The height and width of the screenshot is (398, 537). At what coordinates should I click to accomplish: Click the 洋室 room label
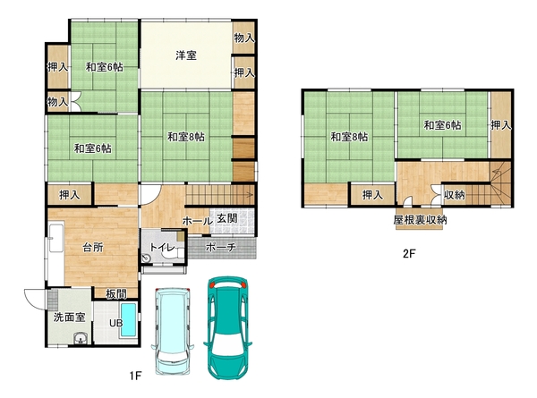186,55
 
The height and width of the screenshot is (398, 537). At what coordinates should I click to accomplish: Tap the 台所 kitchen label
93,248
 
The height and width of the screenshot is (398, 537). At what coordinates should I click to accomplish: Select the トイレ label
162,248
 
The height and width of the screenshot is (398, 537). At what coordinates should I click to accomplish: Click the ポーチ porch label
221,247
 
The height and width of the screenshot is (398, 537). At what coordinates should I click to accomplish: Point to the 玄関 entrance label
227,219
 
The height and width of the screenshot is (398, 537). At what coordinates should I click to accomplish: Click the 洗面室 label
69,318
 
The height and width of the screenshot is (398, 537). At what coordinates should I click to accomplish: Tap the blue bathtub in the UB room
129,319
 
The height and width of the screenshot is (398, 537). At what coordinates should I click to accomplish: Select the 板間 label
116,293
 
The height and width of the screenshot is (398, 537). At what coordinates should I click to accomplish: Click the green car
228,328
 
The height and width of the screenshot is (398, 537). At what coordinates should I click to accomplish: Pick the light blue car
173,331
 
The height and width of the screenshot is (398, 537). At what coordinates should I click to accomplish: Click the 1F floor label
135,377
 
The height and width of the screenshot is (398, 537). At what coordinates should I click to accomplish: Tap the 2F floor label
409,254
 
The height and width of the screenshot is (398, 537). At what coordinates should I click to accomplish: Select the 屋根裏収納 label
420,220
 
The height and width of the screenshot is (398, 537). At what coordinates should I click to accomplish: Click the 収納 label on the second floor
455,195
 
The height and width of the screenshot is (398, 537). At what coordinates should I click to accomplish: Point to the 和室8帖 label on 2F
349,137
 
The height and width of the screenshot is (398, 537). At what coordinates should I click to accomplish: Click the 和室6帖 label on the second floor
442,125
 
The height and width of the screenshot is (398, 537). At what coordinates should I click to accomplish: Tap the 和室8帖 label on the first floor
186,137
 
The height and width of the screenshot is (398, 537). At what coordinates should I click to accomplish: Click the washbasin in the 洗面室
81,339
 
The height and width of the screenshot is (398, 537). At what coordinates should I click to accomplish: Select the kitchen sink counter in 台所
56,238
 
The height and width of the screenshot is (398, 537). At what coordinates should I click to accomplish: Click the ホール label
197,221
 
